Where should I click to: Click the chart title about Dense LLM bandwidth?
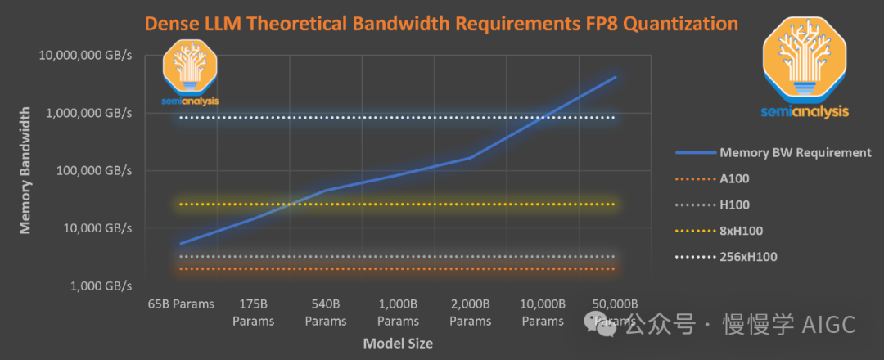tap(441, 22)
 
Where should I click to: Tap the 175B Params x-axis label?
tap(253, 312)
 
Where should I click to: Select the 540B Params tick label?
tap(326, 312)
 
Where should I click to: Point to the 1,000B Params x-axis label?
tap(399, 312)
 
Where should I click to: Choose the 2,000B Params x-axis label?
tap(471, 312)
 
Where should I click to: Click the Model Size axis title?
tap(398, 344)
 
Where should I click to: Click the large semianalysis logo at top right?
tap(805, 70)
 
